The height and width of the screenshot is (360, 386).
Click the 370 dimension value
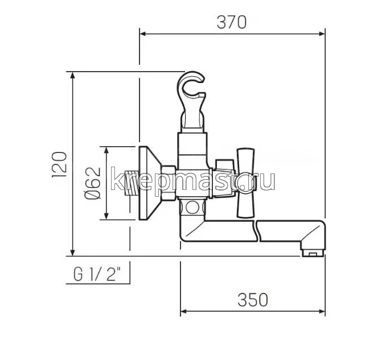tap(232, 22)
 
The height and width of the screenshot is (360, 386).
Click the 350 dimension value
tap(252, 299)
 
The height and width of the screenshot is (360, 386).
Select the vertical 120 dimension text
tap(61, 164)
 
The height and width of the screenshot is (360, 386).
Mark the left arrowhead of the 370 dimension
tap(143, 34)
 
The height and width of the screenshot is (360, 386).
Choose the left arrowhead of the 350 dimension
tap(184, 312)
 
